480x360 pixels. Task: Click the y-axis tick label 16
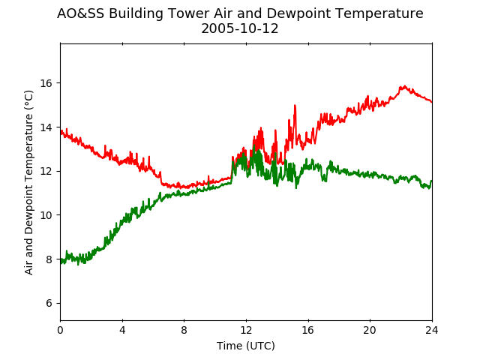pyautogui.click(x=46, y=83)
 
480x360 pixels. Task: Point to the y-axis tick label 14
pyautogui.click(x=46, y=127)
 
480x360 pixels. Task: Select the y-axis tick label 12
pyautogui.click(x=46, y=171)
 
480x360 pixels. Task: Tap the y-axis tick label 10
pyautogui.click(x=46, y=215)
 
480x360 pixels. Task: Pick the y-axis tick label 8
pyautogui.click(x=49, y=259)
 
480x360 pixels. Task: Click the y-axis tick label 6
pyautogui.click(x=49, y=303)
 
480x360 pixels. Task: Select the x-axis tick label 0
pyautogui.click(x=60, y=330)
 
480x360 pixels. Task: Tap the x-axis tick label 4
pyautogui.click(x=122, y=330)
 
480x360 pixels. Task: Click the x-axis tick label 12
pyautogui.click(x=246, y=330)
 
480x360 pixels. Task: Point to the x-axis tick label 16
pyautogui.click(x=308, y=330)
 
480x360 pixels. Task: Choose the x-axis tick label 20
pyautogui.click(x=370, y=330)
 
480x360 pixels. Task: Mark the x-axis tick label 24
pyautogui.click(x=432, y=330)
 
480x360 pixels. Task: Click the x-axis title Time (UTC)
pyautogui.click(x=246, y=346)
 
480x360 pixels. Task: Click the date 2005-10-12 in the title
pyautogui.click(x=240, y=28)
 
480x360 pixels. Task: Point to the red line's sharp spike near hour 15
pyautogui.click(x=295, y=105)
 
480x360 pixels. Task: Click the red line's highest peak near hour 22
pyautogui.click(x=405, y=86)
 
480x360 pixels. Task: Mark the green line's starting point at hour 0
pyautogui.click(x=61, y=261)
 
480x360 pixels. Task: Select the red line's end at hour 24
pyautogui.click(x=432, y=102)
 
